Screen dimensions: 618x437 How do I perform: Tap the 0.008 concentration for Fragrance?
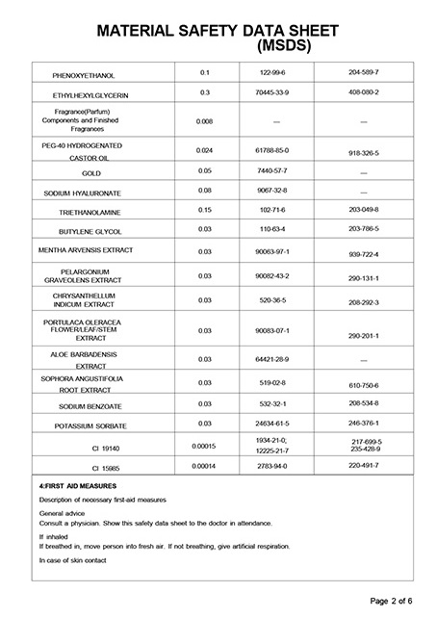point(204,122)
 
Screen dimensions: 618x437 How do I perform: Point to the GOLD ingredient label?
point(91,172)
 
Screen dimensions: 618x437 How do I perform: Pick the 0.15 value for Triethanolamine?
point(204,210)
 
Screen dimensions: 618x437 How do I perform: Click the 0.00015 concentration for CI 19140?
point(204,446)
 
